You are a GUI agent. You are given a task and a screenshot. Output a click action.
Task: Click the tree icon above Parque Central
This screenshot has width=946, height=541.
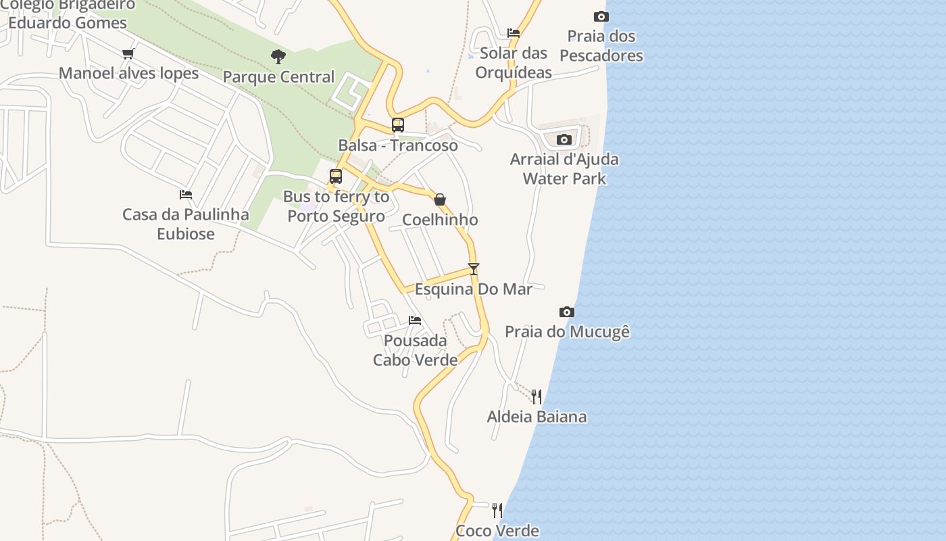click(x=278, y=57)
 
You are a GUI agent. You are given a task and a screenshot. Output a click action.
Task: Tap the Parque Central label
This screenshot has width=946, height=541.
click(x=278, y=77)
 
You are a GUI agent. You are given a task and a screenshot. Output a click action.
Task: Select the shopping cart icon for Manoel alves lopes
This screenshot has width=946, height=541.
click(x=128, y=53)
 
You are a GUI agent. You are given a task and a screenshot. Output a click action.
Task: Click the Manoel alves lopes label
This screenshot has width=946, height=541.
click(x=128, y=73)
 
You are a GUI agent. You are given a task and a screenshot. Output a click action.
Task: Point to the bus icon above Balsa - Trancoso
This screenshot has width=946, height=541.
click(x=398, y=125)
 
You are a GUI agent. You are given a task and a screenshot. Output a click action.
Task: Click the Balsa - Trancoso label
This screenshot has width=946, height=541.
click(x=398, y=145)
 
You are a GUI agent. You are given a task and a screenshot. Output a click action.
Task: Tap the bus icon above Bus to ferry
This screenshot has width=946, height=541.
click(x=336, y=177)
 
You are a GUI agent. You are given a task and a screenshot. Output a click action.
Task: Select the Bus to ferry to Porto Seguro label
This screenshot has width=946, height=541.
click(x=336, y=206)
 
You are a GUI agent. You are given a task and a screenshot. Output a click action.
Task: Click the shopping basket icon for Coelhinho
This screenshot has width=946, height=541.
click(x=440, y=199)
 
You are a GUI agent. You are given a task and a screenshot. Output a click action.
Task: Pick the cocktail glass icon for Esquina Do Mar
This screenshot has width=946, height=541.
click(x=474, y=269)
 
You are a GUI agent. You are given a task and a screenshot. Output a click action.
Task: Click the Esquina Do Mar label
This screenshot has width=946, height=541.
click(x=474, y=289)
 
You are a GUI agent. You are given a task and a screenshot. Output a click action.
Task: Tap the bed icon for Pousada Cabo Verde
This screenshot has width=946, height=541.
click(x=415, y=320)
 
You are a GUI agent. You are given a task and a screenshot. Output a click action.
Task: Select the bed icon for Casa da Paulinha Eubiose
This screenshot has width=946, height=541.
click(x=186, y=195)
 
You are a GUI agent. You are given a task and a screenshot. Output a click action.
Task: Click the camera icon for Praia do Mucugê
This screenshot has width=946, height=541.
click(x=567, y=312)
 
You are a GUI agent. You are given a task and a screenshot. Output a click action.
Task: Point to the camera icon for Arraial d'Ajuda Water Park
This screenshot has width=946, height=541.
click(x=564, y=139)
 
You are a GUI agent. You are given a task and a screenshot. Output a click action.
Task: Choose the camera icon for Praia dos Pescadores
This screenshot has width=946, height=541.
click(x=601, y=16)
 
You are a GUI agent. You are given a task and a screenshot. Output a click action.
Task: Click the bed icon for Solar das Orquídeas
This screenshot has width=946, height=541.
click(x=514, y=33)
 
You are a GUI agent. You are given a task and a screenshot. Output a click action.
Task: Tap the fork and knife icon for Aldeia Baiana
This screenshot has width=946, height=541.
click(x=537, y=396)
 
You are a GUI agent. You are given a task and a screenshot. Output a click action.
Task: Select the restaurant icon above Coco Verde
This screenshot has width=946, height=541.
click(x=497, y=510)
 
